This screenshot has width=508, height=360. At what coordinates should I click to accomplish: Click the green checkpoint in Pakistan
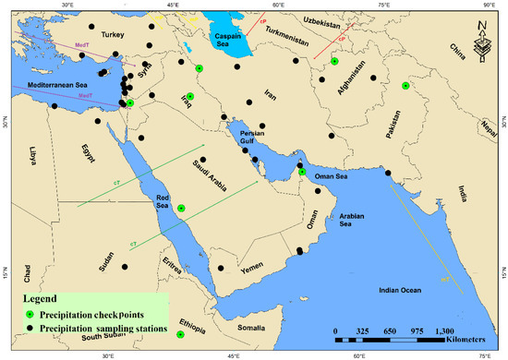click(405, 86)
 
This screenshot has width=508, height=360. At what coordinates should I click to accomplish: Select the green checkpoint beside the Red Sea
click(182, 209)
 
